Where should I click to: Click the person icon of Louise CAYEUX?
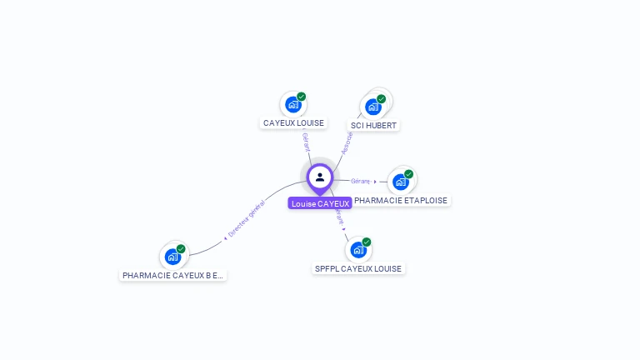(x=320, y=177)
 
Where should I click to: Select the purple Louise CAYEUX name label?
(x=320, y=203)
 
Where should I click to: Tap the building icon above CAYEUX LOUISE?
(x=292, y=105)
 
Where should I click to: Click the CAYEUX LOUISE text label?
(x=293, y=123)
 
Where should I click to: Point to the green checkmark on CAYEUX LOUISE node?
(x=302, y=97)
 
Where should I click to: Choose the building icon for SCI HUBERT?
(x=372, y=107)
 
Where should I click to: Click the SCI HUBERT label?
(x=373, y=126)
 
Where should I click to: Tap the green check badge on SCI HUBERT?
(x=382, y=99)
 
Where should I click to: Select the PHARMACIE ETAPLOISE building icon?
(x=400, y=182)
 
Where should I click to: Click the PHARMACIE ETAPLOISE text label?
(x=401, y=201)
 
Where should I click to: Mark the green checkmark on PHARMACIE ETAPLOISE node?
(x=408, y=174)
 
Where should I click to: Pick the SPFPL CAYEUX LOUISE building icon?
(x=357, y=250)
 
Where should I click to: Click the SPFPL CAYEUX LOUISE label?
(x=358, y=269)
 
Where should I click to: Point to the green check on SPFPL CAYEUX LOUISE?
(x=367, y=242)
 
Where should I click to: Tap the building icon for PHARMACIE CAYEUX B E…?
(x=172, y=257)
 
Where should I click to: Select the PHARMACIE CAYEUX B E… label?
(x=173, y=275)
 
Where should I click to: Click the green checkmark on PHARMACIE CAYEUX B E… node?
(x=181, y=249)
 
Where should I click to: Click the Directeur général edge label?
(x=247, y=220)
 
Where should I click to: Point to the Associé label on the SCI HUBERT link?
(x=347, y=142)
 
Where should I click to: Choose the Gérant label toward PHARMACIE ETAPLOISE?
(x=361, y=181)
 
